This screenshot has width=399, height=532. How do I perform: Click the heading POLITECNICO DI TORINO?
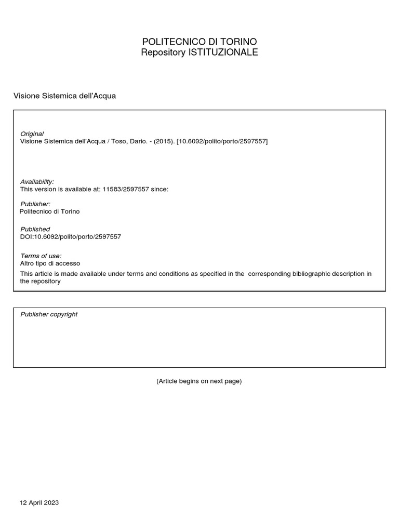pyautogui.click(x=199, y=42)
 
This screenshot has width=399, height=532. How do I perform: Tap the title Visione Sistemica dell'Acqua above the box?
pyautogui.click(x=64, y=96)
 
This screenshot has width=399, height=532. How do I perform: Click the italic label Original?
pyautogui.click(x=32, y=134)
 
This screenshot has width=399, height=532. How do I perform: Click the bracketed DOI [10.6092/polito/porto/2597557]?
pyautogui.click(x=222, y=141)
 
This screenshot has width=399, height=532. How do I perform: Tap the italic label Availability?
pyautogui.click(x=37, y=182)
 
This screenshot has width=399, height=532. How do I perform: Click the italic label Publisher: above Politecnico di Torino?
pyautogui.click(x=35, y=204)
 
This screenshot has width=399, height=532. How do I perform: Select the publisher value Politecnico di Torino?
pyautogui.click(x=49, y=211)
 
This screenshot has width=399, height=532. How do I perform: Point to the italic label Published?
pyautogui.click(x=35, y=229)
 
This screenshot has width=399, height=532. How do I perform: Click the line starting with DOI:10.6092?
pyautogui.click(x=70, y=236)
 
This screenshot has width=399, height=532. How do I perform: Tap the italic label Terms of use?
pyautogui.click(x=41, y=256)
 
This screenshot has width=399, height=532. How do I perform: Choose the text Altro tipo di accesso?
pyautogui.click(x=50, y=263)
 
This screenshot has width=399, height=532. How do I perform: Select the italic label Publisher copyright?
pyautogui.click(x=49, y=314)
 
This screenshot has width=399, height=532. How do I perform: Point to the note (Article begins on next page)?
pyautogui.click(x=199, y=381)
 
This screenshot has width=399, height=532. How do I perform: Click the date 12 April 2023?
pyautogui.click(x=39, y=503)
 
